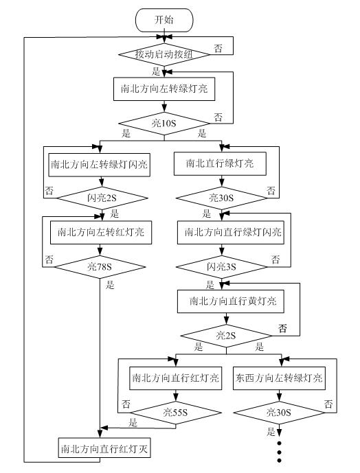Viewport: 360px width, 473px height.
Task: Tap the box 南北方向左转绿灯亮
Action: [164, 89]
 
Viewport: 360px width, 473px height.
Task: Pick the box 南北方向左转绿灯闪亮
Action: [102, 165]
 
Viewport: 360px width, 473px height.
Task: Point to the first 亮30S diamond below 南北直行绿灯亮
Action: [220, 198]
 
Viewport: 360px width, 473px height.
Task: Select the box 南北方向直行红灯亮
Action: [175, 378]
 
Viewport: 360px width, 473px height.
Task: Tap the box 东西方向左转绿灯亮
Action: [280, 378]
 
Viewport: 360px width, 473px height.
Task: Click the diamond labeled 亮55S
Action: [175, 412]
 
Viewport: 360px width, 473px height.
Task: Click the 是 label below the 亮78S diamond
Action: [110, 284]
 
